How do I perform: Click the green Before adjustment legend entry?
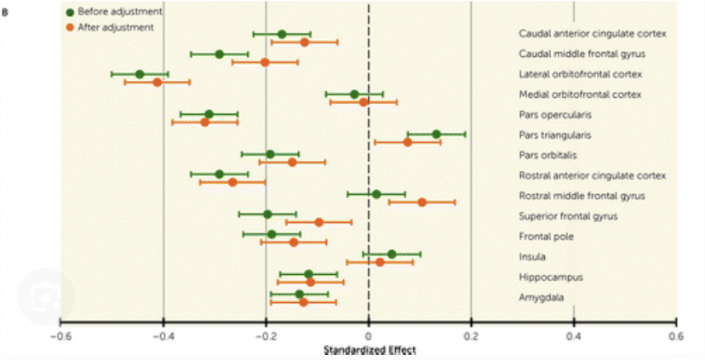tap(108, 12)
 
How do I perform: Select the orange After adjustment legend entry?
tap(108, 27)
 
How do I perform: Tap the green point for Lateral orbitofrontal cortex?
tap(140, 74)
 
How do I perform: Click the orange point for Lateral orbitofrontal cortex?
tap(157, 83)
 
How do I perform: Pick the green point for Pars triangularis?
tap(436, 134)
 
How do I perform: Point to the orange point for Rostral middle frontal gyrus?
tap(421, 203)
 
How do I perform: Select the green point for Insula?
tap(392, 254)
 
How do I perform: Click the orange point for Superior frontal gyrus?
tap(318, 222)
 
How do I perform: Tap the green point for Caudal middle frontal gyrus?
tap(219, 54)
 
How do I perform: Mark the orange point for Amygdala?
tap(303, 302)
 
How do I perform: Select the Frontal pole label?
tap(547, 236)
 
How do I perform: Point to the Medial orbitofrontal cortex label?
tap(580, 94)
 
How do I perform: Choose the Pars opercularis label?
tap(554, 114)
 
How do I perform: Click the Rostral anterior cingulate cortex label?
tap(592, 175)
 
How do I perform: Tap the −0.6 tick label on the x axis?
tap(59, 335)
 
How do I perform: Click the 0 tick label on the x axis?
tap(368, 335)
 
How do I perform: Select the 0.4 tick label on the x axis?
tap(574, 335)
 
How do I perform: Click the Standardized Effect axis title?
tap(368, 349)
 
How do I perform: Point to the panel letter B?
tap(6, 12)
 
